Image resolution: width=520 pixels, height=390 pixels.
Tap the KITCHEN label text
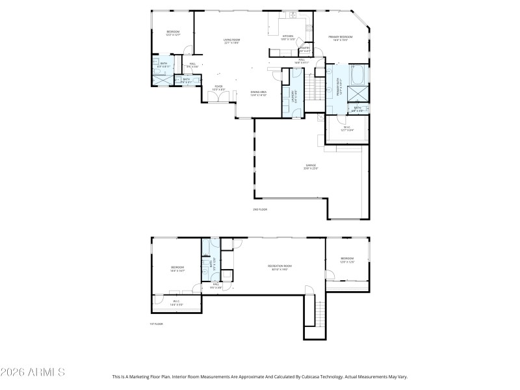pos(287,37)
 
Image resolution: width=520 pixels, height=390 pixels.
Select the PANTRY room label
pos(305,48)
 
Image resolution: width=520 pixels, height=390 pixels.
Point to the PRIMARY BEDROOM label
pos(341,38)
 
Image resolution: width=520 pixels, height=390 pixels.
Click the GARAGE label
pos(311,166)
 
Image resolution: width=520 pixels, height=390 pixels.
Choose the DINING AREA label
pos(259,93)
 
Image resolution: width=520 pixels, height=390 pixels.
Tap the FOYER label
pos(219,87)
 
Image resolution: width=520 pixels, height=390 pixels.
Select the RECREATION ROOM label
pos(279,266)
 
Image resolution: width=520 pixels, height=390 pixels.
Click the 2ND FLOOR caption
pos(260,209)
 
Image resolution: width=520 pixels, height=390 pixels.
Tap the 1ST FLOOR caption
pos(156,323)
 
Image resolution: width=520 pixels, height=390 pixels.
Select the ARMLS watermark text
pos(32,373)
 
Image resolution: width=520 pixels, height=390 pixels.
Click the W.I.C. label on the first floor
pos(177,302)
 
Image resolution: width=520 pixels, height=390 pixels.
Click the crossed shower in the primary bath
pos(359,93)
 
